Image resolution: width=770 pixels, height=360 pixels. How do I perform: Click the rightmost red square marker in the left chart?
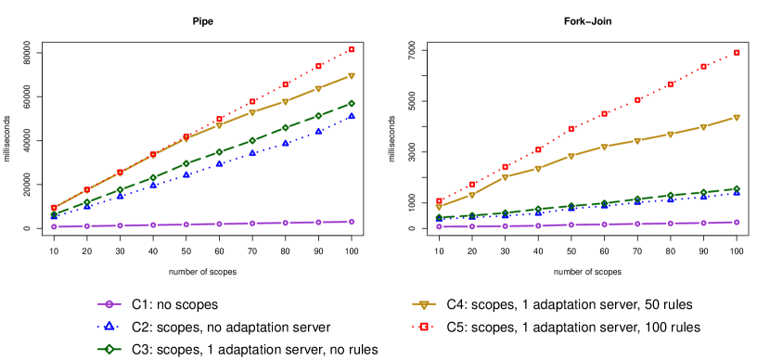tap(351, 50)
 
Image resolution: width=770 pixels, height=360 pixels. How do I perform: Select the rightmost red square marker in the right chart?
tap(737, 53)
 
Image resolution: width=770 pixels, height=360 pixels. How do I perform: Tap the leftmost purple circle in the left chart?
tap(54, 226)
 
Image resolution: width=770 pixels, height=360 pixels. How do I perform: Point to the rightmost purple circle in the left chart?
tap(351, 222)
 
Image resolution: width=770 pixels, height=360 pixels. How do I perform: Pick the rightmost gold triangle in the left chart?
tap(351, 76)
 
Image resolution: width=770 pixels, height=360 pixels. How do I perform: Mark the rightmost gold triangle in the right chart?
tap(737, 118)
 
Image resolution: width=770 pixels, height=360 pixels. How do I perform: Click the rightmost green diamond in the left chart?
tap(351, 103)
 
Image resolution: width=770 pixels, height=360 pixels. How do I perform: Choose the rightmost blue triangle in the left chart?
tap(351, 116)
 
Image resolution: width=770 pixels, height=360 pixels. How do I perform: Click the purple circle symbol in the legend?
tap(109, 303)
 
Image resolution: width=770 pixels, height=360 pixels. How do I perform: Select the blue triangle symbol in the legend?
tap(109, 326)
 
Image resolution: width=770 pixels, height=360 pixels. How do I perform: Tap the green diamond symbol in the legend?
tap(109, 349)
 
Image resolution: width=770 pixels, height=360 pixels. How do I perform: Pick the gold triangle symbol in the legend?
tap(424, 304)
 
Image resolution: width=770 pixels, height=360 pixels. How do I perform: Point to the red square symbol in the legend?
tap(424, 327)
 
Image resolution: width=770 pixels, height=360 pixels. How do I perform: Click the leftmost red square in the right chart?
tap(440, 201)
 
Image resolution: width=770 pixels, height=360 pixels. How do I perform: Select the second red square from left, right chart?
tap(472, 185)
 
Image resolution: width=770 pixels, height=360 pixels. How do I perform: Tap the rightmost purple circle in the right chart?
tap(737, 222)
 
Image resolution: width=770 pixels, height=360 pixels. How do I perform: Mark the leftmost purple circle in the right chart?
tap(440, 226)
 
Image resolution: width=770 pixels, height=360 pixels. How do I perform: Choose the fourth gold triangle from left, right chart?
tap(538, 169)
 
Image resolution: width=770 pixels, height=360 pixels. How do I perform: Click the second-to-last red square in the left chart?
tap(318, 67)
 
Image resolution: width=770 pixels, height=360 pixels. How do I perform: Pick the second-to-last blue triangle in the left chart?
tap(318, 131)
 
